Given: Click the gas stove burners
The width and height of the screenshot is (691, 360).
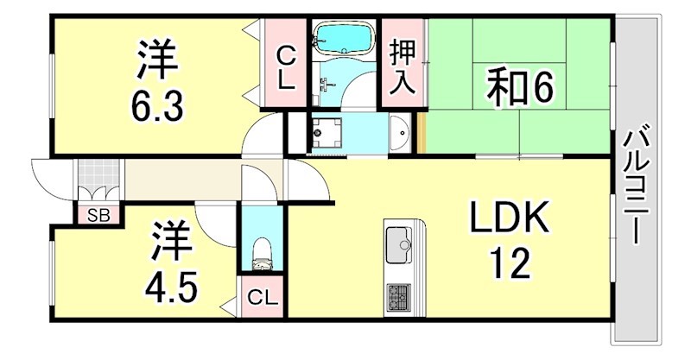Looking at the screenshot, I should (401, 299).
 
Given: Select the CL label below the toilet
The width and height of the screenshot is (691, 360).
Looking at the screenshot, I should (262, 299).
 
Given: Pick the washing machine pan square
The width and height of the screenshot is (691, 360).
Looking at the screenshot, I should (326, 132).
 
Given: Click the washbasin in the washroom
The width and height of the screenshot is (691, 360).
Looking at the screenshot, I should (399, 133).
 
